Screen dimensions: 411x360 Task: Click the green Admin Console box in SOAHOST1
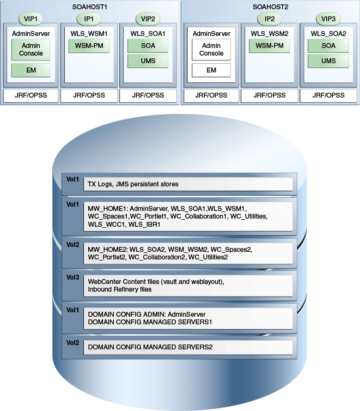click(x=31, y=50)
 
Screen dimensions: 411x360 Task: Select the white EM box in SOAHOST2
click(x=211, y=70)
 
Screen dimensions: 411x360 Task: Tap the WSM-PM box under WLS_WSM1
click(x=89, y=46)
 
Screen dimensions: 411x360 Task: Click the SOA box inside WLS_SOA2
click(x=328, y=46)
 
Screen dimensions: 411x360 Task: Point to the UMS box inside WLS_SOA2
click(x=328, y=61)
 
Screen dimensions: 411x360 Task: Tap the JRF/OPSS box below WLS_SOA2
click(x=328, y=95)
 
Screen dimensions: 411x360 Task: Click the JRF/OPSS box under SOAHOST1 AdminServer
click(x=31, y=95)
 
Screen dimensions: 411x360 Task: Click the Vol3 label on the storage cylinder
click(x=72, y=277)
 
